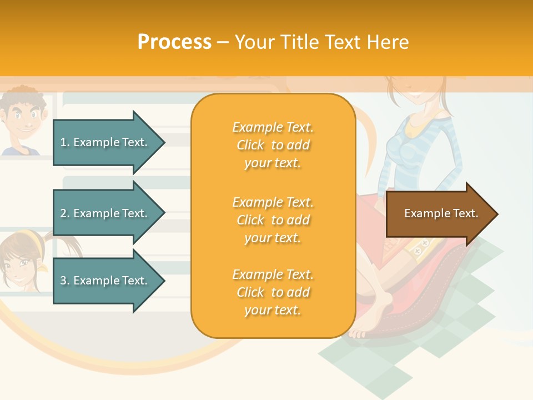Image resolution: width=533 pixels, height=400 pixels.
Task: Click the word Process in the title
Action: [174, 42]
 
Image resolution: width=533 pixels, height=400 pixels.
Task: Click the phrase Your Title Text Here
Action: [321, 42]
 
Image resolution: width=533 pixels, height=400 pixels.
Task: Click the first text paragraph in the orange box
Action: [273, 145]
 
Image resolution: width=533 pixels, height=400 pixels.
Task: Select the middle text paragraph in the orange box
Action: [273, 220]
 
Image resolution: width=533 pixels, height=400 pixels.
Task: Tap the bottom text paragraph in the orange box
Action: [273, 292]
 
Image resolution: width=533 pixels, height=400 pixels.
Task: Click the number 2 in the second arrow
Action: [63, 213]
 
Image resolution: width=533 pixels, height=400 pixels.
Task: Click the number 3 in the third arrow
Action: [63, 281]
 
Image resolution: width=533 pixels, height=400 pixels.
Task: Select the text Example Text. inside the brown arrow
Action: [441, 213]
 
